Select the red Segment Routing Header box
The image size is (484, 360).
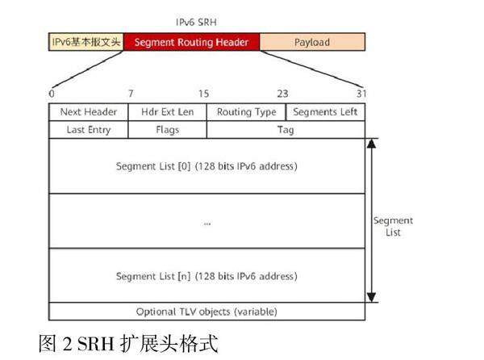click(191, 42)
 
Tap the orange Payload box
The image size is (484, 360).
click(311, 42)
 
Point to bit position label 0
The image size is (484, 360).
click(52, 94)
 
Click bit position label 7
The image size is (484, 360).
click(130, 94)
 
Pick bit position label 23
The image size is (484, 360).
click(282, 94)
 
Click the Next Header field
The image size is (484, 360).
click(89, 112)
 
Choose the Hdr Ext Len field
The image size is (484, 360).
click(168, 112)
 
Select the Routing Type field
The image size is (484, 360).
click(246, 112)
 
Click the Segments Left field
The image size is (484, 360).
click(325, 112)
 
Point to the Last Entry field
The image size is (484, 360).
click(89, 129)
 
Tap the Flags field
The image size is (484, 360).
click(168, 129)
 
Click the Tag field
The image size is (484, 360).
click(286, 129)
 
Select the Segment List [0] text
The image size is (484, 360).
click(207, 166)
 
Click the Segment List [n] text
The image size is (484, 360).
click(207, 276)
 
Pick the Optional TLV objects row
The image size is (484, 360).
click(207, 311)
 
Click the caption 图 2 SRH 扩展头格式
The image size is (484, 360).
click(128, 342)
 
